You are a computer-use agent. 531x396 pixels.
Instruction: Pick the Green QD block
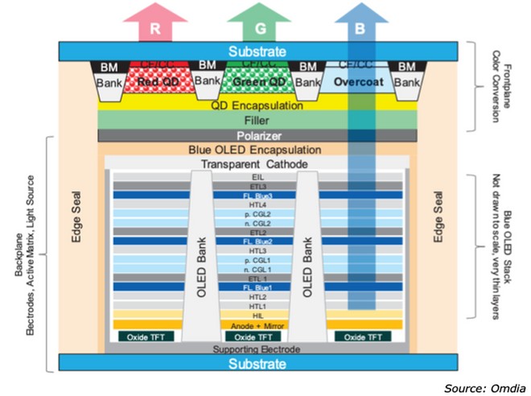click(255, 81)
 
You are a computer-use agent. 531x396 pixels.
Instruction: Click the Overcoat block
click(355, 81)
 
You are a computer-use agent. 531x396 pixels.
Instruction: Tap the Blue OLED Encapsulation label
click(255, 150)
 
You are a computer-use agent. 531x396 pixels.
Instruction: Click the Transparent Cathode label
click(255, 164)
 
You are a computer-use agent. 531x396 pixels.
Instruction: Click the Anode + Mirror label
click(255, 325)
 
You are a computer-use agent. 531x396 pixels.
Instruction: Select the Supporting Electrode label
click(255, 349)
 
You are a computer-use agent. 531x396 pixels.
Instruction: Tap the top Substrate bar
click(256, 51)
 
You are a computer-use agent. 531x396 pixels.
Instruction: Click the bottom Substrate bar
click(256, 364)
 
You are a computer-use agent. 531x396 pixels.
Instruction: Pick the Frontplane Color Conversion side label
click(500, 80)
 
